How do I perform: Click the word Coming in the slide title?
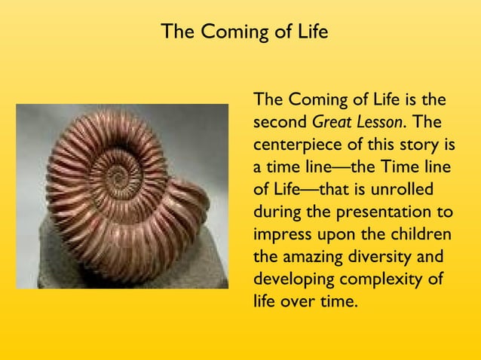click(227, 33)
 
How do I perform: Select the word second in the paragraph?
click(280, 121)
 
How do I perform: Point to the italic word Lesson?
click(379, 121)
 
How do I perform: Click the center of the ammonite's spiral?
click(117, 177)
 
